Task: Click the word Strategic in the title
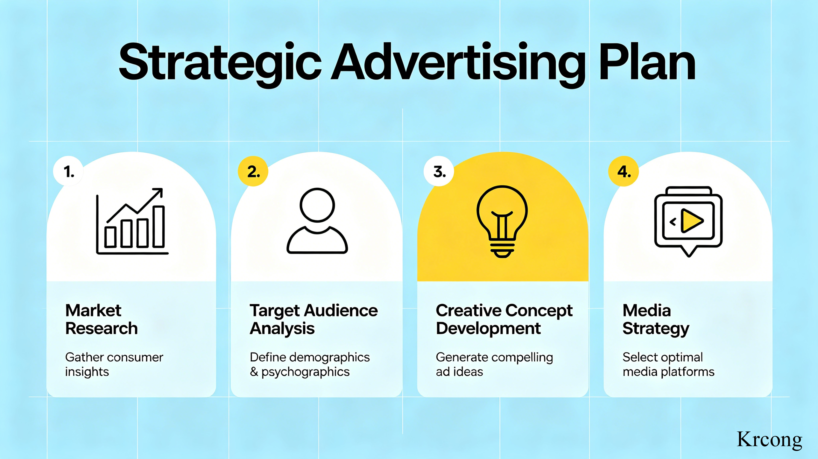pyautogui.click(x=220, y=63)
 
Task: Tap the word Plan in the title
pyautogui.click(x=647, y=62)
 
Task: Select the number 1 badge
pyautogui.click(x=68, y=171)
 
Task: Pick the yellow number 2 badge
pyautogui.click(x=253, y=171)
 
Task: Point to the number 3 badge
pyautogui.click(x=439, y=171)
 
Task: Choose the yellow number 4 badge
pyautogui.click(x=624, y=171)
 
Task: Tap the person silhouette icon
pyautogui.click(x=317, y=221)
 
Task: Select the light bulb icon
pyautogui.click(x=502, y=221)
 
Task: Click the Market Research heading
pyautogui.click(x=102, y=319)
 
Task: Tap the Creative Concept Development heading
pyautogui.click(x=504, y=319)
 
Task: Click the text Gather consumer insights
pyautogui.click(x=114, y=365)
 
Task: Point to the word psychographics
pyautogui.click(x=305, y=372)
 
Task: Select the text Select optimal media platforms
pyautogui.click(x=668, y=365)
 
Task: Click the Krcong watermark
pyautogui.click(x=769, y=440)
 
